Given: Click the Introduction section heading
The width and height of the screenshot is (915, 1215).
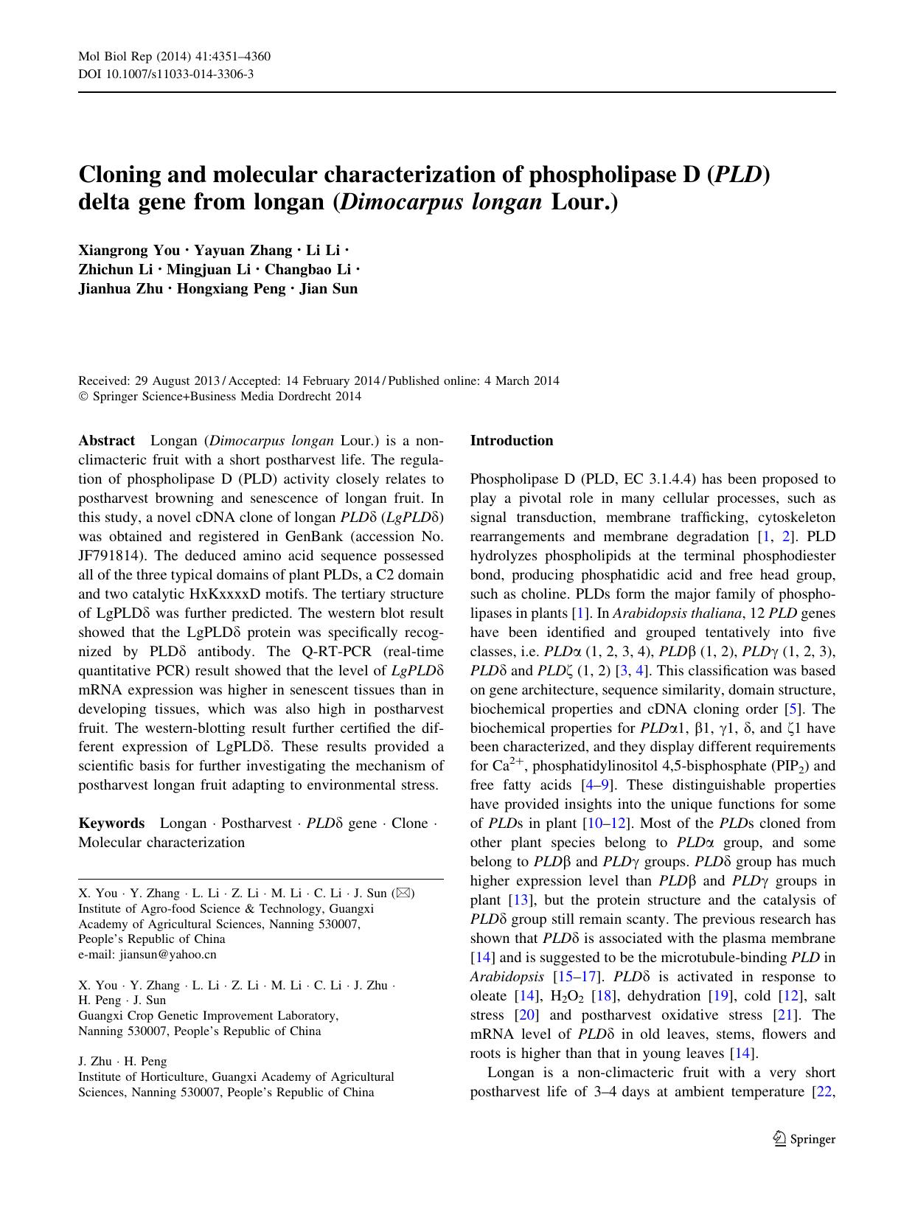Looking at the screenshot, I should pos(511,441).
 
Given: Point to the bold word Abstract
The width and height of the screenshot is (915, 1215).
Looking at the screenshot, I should pos(106,441).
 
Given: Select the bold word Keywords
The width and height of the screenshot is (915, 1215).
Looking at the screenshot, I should pos(111,823).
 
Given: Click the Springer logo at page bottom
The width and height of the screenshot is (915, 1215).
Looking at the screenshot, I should pos(804,1139).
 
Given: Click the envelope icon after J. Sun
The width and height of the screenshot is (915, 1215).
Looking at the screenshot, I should pos(404,894).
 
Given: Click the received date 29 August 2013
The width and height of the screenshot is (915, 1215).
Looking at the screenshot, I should pos(177,381).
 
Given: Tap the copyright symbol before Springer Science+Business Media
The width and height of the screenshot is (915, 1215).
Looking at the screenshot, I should pos(83,397).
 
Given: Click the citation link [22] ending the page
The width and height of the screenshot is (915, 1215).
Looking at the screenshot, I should pos(822,1091).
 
